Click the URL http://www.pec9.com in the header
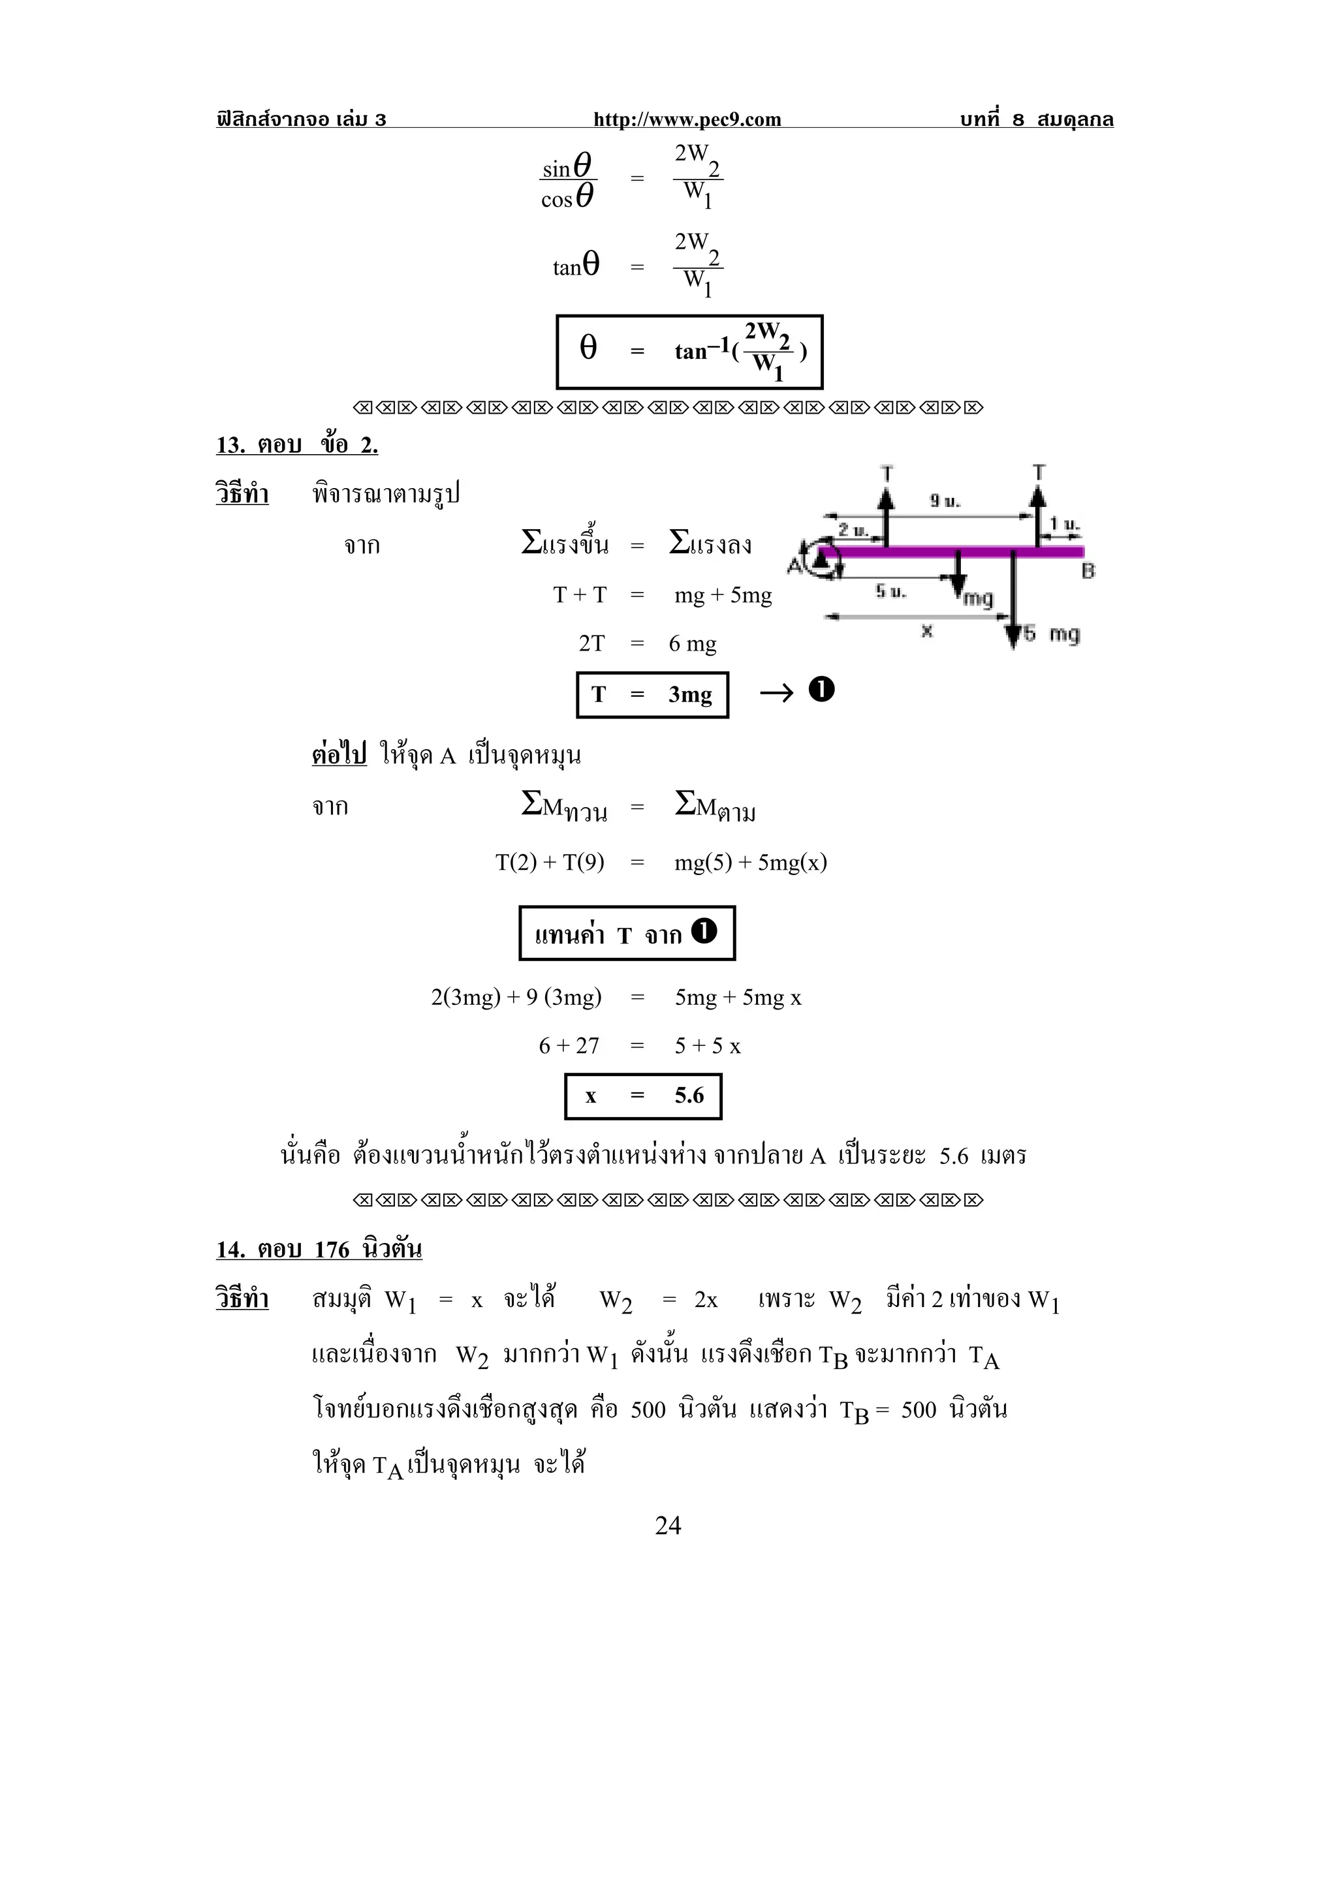687,119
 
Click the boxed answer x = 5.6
644,1096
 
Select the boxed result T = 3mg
652,694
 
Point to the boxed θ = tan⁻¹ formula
689,352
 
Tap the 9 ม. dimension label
945,500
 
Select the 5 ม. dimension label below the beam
890,591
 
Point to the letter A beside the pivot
794,565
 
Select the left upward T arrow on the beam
886,515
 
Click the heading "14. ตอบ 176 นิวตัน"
319,1250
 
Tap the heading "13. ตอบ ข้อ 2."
296,445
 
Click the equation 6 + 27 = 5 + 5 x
639,1045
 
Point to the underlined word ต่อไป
339,754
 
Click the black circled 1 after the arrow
821,689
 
